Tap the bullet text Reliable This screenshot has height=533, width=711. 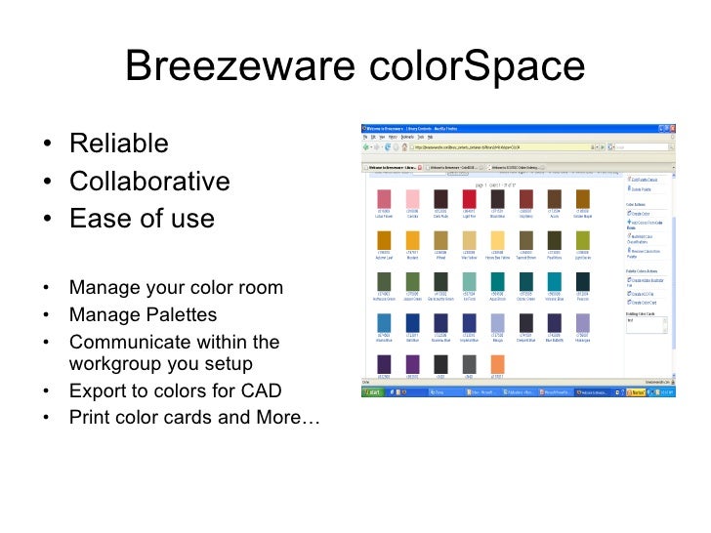[119, 144]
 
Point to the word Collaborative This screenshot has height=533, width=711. [149, 182]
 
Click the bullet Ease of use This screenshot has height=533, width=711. [142, 219]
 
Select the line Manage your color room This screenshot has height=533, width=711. [176, 288]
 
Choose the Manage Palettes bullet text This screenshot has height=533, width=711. [143, 315]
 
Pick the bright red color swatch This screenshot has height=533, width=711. [469, 199]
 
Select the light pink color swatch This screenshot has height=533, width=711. [412, 199]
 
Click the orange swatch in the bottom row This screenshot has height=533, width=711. [497, 364]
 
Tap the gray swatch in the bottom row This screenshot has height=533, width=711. [469, 364]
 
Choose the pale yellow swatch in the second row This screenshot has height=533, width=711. [497, 240]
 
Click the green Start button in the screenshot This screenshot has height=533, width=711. [373, 392]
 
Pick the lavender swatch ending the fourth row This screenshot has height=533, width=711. [582, 323]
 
